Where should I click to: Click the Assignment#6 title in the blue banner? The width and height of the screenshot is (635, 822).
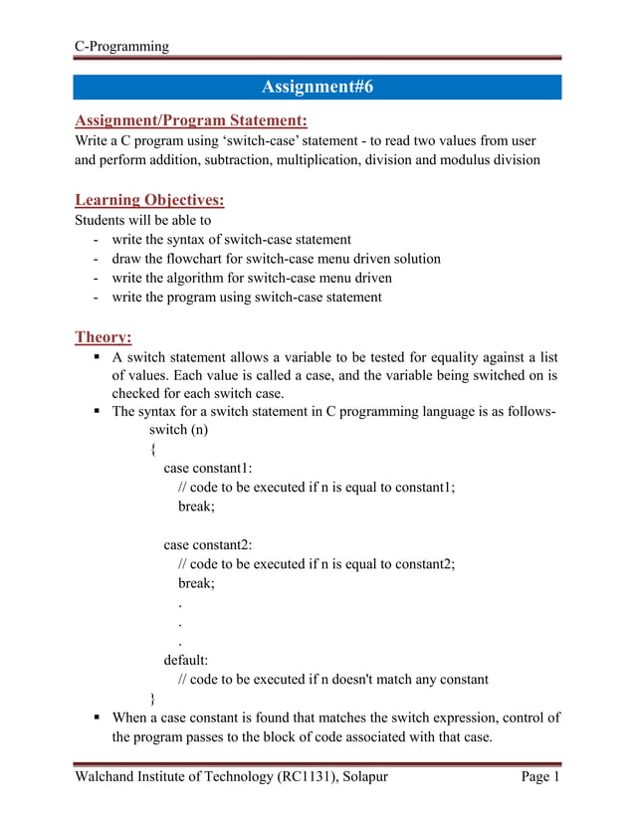coord(317,88)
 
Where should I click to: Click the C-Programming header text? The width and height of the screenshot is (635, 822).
coord(121,46)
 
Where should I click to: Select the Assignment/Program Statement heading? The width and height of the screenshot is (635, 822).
coord(191,121)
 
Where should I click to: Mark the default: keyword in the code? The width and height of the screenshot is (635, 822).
coord(187,660)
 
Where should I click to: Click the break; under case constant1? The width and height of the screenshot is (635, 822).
coord(197,506)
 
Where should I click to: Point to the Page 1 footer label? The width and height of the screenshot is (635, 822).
coord(541,777)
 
